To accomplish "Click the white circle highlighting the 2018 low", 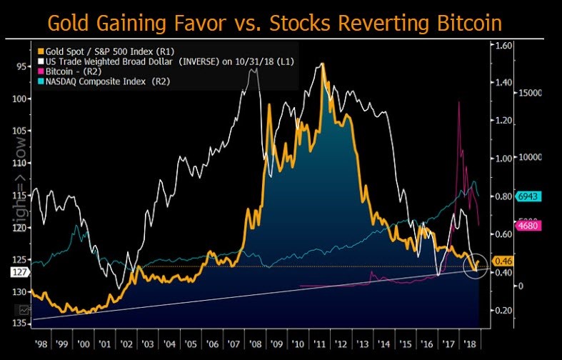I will (x=474, y=266).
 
